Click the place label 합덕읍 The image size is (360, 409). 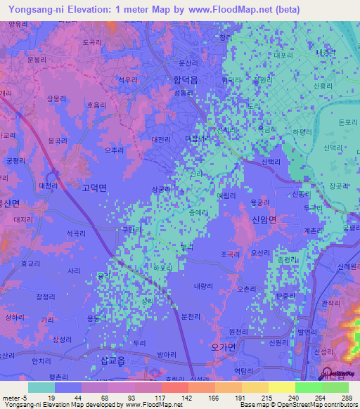[186, 80]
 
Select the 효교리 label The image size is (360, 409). [31, 263]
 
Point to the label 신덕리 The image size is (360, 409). [332, 148]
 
